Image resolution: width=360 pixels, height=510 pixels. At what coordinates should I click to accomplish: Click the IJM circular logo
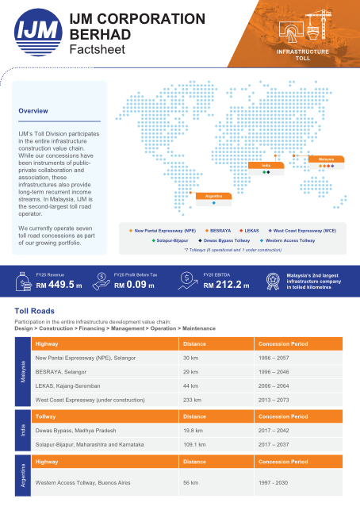(x=37, y=34)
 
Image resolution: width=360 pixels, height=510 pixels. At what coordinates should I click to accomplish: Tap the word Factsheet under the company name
(x=94, y=49)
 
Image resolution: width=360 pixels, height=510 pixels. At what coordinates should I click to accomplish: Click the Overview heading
(x=34, y=110)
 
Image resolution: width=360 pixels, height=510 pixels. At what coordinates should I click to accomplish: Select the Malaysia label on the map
(x=326, y=159)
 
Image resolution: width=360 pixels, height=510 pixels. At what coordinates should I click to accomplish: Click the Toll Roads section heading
(x=37, y=312)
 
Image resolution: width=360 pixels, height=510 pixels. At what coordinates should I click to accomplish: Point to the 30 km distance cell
(x=190, y=359)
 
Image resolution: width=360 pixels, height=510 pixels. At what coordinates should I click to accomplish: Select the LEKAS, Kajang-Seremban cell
(x=72, y=385)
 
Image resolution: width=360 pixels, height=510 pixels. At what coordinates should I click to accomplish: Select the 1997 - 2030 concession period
(x=275, y=482)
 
